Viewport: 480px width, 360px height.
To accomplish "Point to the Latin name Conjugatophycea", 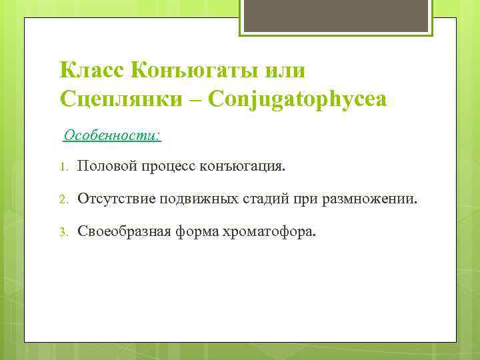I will click(x=297, y=99).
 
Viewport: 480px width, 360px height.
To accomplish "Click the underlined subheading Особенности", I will click(x=112, y=135).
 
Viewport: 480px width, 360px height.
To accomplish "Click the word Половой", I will click(x=106, y=165).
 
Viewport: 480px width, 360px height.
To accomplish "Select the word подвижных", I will click(x=193, y=198).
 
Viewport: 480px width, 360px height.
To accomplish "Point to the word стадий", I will click(x=261, y=198).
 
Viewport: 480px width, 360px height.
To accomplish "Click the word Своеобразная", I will click(x=125, y=231).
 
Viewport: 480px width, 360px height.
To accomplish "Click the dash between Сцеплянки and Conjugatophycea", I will click(x=197, y=100).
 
